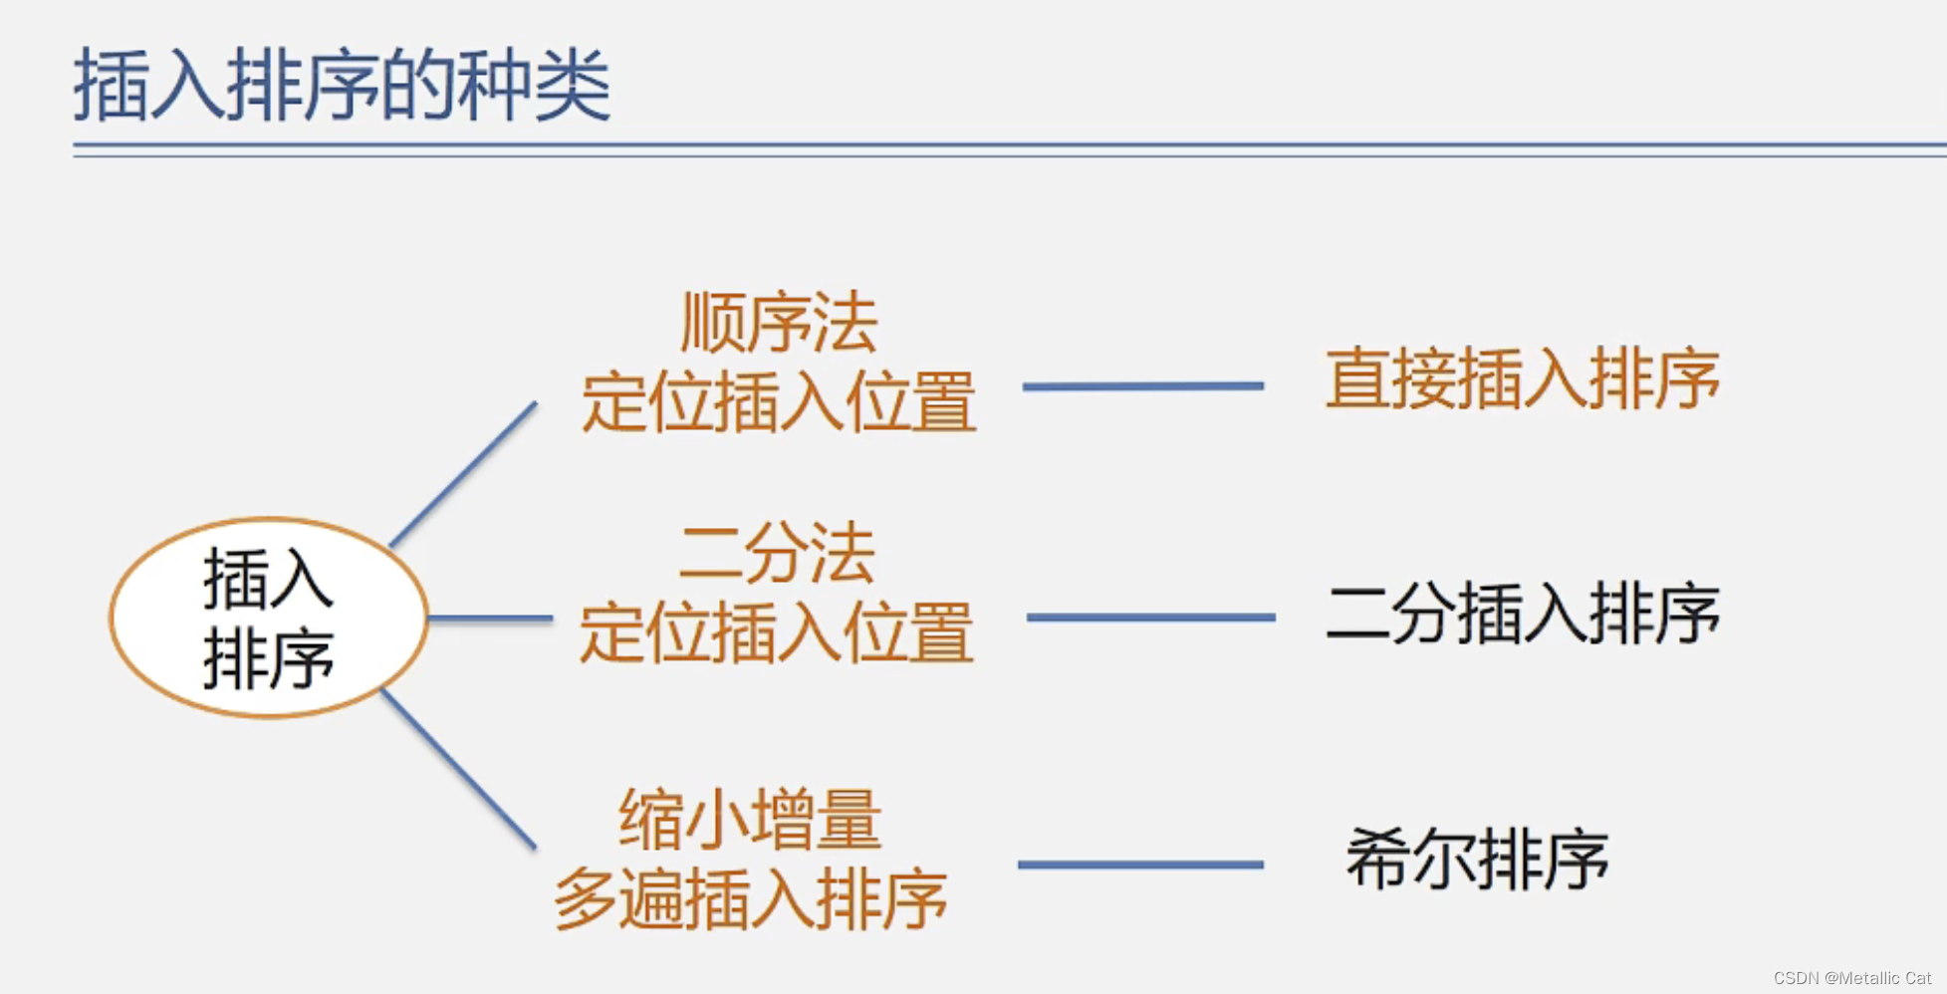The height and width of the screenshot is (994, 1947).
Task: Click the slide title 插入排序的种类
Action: click(342, 86)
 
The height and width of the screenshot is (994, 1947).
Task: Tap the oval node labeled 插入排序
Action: click(269, 618)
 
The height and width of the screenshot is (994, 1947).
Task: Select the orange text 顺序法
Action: click(779, 323)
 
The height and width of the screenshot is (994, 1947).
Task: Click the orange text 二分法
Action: click(777, 553)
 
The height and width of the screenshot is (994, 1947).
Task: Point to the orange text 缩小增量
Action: click(750, 820)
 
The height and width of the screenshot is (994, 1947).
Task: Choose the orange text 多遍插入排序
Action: click(750, 899)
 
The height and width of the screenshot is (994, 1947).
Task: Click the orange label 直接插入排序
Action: click(1522, 379)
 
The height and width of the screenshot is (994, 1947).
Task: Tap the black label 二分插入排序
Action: click(1523, 614)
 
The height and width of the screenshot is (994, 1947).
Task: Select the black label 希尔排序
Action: click(1477, 859)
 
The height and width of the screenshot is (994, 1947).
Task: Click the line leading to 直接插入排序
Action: click(1143, 385)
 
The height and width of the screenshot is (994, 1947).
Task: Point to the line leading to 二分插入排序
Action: click(1150, 618)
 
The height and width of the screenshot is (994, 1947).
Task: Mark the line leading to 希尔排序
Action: click(1140, 865)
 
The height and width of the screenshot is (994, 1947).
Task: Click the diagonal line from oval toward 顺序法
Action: click(464, 474)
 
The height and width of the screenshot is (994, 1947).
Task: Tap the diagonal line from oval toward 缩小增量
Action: click(459, 769)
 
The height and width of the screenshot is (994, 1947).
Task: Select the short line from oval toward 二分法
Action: click(490, 619)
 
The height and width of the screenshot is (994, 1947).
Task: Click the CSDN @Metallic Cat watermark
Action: click(1851, 978)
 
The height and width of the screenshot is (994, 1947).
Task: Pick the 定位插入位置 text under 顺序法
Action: click(779, 402)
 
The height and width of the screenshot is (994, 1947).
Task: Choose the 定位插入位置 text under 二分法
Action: click(777, 632)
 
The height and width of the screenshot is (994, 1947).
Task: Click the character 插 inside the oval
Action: click(235, 579)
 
